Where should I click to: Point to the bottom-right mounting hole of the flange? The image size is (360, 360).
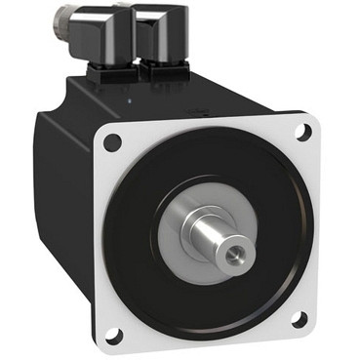300,317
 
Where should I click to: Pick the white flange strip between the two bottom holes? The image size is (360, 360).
205,338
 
